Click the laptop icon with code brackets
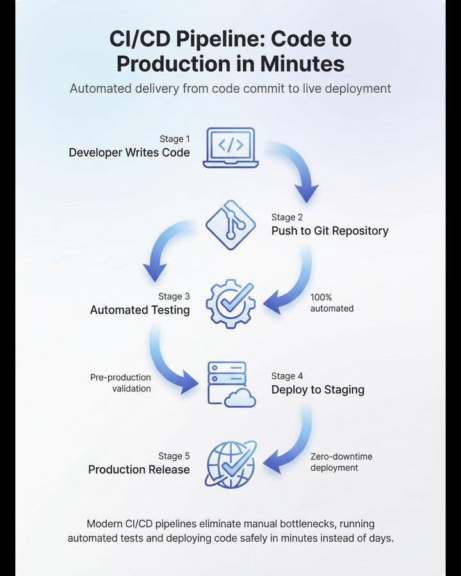230,148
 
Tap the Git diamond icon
230,225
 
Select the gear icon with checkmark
230,304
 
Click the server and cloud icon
232,384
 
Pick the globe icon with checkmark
230,465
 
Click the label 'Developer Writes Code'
129,152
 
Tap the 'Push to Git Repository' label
330,231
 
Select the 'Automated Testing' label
140,310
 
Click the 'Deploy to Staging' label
318,390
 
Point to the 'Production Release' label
139,470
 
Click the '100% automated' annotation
332,303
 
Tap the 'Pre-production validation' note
120,383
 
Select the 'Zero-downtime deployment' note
341,462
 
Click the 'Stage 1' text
175,139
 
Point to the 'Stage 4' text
287,376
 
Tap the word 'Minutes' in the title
303,63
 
